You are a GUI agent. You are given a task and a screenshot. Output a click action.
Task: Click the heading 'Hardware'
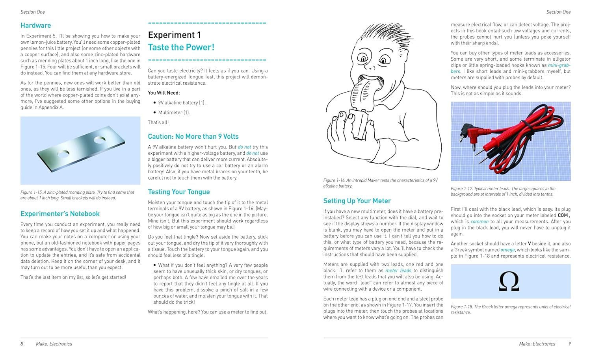pyautogui.click(x=35, y=26)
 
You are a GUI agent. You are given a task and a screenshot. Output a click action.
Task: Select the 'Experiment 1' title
pyautogui.click(x=174, y=35)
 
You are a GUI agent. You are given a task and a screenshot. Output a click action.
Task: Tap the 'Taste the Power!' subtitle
pyautogui.click(x=181, y=48)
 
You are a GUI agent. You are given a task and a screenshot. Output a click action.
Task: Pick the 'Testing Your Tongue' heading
pyautogui.click(x=178, y=192)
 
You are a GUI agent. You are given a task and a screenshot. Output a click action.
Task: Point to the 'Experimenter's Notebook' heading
pyautogui.click(x=60, y=214)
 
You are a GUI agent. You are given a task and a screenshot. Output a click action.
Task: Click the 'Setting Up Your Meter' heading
pyautogui.click(x=357, y=201)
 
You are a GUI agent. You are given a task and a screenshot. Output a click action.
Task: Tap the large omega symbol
pyautogui.click(x=509, y=282)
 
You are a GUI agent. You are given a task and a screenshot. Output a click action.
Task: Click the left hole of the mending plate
pyautogui.click(x=63, y=153)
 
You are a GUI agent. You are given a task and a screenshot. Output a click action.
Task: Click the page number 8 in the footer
pyautogui.click(x=22, y=344)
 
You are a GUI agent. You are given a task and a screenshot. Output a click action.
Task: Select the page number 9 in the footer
pyautogui.click(x=569, y=344)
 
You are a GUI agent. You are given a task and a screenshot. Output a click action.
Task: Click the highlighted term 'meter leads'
pyautogui.click(x=398, y=271)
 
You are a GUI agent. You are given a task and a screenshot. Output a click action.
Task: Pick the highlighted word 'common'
pyautogui.click(x=479, y=222)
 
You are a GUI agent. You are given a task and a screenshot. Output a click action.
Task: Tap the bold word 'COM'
pyautogui.click(x=563, y=215)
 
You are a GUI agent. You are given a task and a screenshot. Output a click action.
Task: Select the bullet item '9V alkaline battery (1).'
pyautogui.click(x=182, y=103)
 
